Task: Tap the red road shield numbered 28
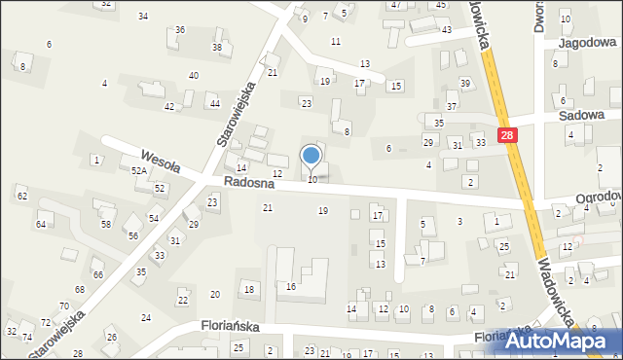coord(507,137)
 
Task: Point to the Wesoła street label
coord(159,158)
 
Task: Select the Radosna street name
coord(244,183)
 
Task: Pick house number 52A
coord(138,170)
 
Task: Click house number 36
coord(180,30)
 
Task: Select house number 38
coord(217,48)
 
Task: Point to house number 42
coord(169,106)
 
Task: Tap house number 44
coord(214,103)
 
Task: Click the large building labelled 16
coord(290,286)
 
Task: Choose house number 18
coord(248,289)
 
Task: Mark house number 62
coord(21,197)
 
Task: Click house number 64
coord(41,225)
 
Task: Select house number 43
coord(446,30)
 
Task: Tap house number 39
coord(465,83)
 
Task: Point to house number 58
coord(105,224)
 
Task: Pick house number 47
coord(395,5)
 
